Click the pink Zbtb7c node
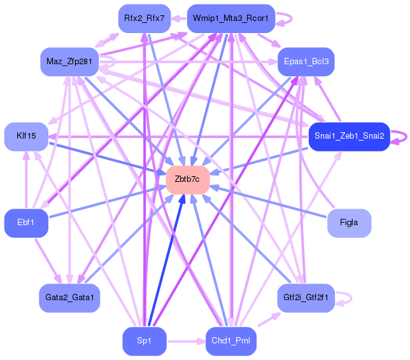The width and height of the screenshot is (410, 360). click(188, 179)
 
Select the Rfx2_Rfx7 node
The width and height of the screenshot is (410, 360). click(144, 18)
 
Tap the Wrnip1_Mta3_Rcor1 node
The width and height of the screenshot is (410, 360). click(230, 18)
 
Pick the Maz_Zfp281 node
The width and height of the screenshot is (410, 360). click(68, 61)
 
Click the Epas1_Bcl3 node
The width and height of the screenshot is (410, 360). click(306, 62)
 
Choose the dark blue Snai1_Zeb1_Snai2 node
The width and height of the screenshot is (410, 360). click(348, 136)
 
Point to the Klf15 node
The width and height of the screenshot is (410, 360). click(27, 136)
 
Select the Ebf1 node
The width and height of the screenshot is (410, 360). click(26, 223)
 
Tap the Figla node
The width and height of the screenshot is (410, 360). click(349, 223)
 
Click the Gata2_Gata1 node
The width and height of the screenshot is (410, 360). click(69, 297)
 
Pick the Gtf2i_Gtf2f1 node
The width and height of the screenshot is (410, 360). click(306, 297)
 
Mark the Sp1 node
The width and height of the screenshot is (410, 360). click(144, 342)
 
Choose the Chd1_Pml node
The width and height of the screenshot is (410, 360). click(230, 342)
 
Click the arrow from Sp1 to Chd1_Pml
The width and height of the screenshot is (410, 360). click(186, 342)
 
